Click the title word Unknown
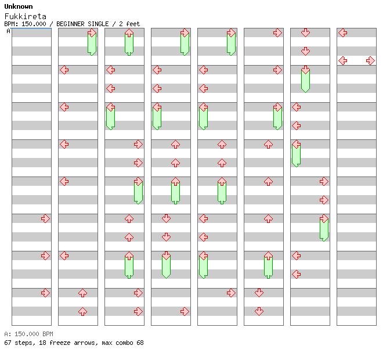[x=19, y=6]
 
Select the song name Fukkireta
[x=25, y=16]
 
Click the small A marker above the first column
[x=8, y=31]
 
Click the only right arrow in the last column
[x=370, y=60]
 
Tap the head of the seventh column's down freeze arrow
[x=305, y=70]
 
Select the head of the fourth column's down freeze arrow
[x=166, y=255]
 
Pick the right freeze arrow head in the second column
[x=92, y=33]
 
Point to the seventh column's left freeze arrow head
[x=296, y=144]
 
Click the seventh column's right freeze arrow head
[x=324, y=218]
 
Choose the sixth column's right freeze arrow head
[x=277, y=107]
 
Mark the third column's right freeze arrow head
[x=138, y=181]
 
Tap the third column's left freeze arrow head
[x=110, y=107]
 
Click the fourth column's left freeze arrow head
[x=157, y=107]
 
